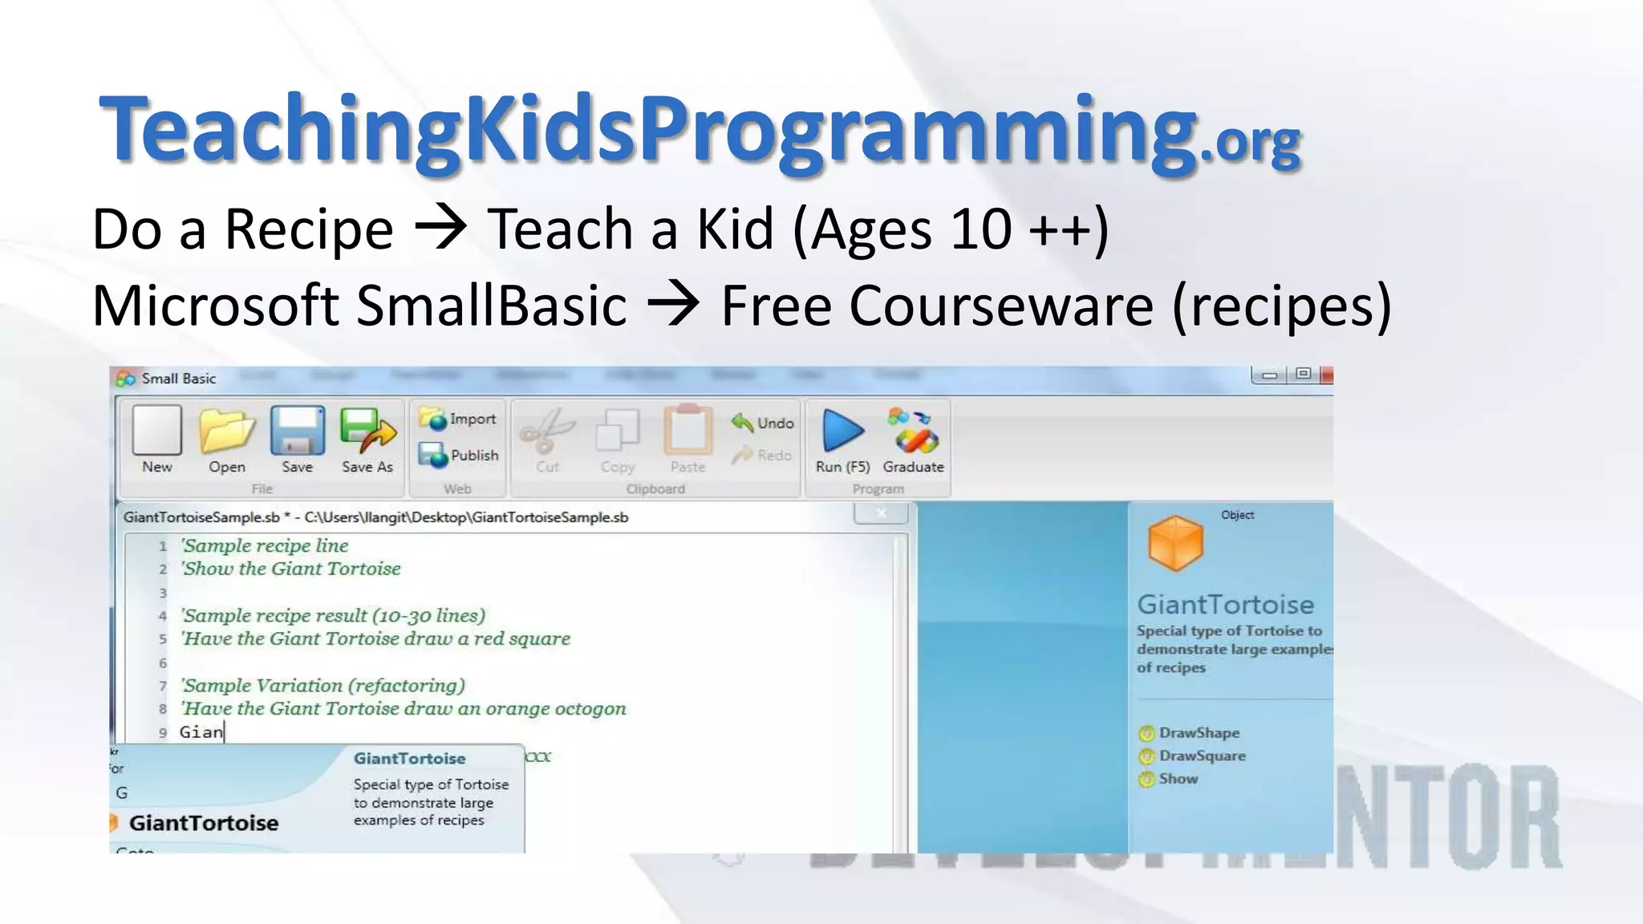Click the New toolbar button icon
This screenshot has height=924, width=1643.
pyautogui.click(x=157, y=431)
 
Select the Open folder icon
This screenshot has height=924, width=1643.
pyautogui.click(x=227, y=431)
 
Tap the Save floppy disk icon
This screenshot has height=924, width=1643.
pyautogui.click(x=297, y=431)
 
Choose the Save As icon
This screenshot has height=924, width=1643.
pyautogui.click(x=367, y=431)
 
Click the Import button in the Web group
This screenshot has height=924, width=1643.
pyautogui.click(x=458, y=419)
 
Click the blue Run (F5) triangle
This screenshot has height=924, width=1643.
pyautogui.click(x=842, y=431)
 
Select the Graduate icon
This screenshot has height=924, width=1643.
pyautogui.click(x=913, y=431)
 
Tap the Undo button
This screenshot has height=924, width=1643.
pyautogui.click(x=763, y=423)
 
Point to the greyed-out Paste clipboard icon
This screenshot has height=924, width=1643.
pyautogui.click(x=688, y=431)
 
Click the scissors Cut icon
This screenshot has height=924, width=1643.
pyautogui.click(x=547, y=431)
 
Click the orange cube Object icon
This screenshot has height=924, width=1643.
pyautogui.click(x=1175, y=543)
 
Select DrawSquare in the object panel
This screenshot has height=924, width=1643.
pyautogui.click(x=1202, y=756)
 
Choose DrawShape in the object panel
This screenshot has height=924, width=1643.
pyautogui.click(x=1199, y=732)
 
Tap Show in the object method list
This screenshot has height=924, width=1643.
pyautogui.click(x=1178, y=779)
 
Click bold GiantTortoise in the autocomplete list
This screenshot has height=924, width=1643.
pyautogui.click(x=204, y=823)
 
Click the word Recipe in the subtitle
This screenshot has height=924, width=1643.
pyautogui.click(x=309, y=229)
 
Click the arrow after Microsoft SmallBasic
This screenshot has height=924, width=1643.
pyautogui.click(x=673, y=306)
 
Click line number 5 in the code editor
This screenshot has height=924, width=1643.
pyautogui.click(x=163, y=639)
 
